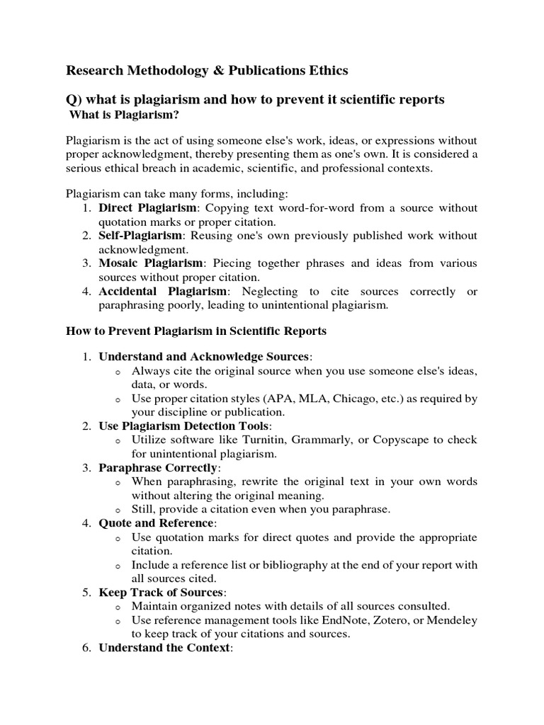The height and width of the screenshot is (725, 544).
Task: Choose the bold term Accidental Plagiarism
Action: [x=163, y=292]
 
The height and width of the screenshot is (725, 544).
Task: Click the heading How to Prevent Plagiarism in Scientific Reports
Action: [x=196, y=331]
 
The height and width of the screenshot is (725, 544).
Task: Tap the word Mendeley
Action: [x=453, y=620]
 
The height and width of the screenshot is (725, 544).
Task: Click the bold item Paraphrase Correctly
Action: [x=159, y=468]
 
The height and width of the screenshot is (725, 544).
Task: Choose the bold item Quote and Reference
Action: [x=156, y=523]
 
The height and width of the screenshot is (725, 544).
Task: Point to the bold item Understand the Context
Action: [x=164, y=648]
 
